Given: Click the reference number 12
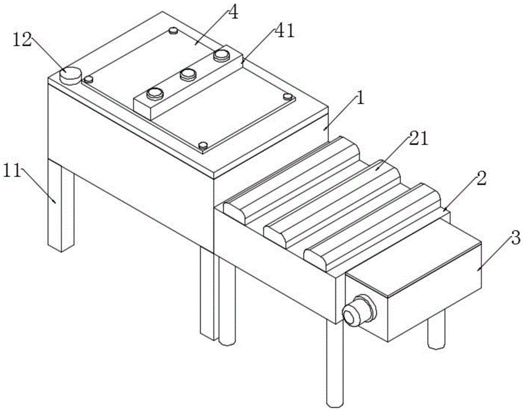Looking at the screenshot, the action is [x=23, y=40].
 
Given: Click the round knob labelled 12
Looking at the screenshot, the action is [x=71, y=74].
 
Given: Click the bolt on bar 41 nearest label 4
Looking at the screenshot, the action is [x=222, y=54].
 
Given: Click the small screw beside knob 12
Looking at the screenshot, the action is [x=89, y=80].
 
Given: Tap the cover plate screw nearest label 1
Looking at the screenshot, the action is [x=287, y=96].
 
